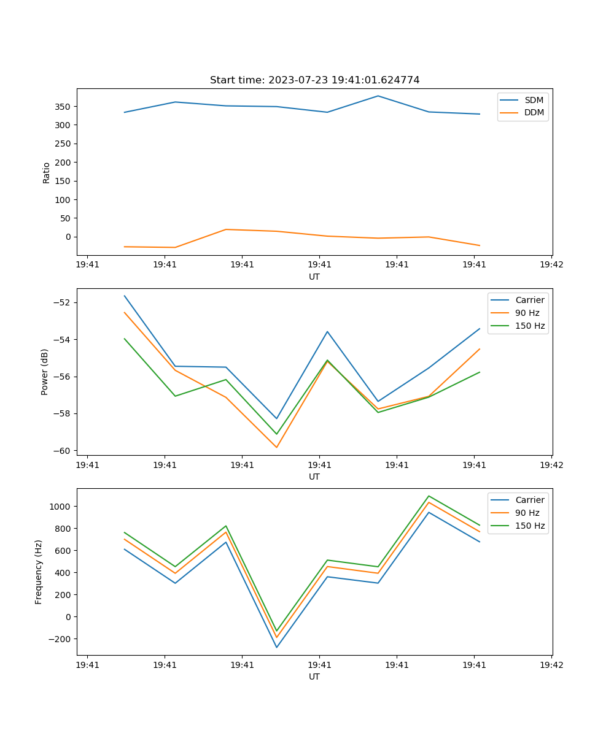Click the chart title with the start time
pyautogui.click(x=314, y=80)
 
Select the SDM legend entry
pyautogui.click(x=534, y=100)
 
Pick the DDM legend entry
pyautogui.click(x=534, y=113)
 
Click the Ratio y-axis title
pyautogui.click(x=47, y=172)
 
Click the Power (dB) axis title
pyautogui.click(x=45, y=372)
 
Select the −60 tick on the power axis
pyautogui.click(x=64, y=451)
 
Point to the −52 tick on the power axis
pyautogui.click(x=64, y=303)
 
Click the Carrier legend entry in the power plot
pyautogui.click(x=530, y=300)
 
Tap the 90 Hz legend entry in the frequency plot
pyautogui.click(x=527, y=513)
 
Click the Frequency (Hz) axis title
pyautogui.click(x=39, y=572)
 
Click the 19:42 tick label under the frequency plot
pyautogui.click(x=551, y=664)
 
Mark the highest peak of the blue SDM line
pyautogui.click(x=378, y=96)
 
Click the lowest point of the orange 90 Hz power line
pyautogui.click(x=276, y=447)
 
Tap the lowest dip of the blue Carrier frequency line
pyautogui.click(x=276, y=647)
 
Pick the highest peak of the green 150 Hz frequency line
pyautogui.click(x=429, y=496)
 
